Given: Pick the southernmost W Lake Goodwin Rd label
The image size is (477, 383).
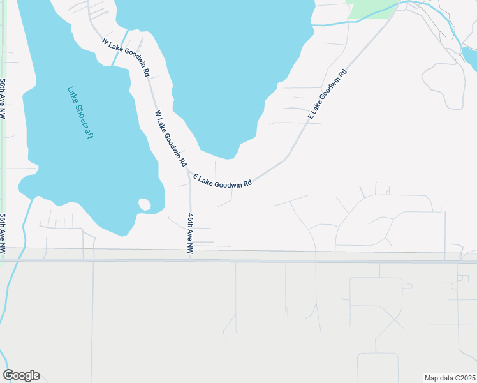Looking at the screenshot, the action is point(170,138).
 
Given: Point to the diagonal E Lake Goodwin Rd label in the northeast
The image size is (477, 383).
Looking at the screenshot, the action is point(327,93).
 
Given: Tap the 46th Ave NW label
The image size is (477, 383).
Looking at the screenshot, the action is point(190,234).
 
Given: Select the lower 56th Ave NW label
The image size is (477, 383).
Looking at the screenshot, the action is point(3,232).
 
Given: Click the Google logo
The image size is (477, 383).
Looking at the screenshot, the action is point(21,375).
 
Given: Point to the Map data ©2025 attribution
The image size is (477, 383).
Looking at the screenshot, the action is point(450,378).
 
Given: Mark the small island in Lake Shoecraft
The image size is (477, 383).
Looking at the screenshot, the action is point(145,205).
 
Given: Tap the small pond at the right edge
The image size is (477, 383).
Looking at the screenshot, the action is point(470,58).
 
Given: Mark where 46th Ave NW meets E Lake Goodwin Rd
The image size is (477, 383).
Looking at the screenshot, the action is point(189,171).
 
